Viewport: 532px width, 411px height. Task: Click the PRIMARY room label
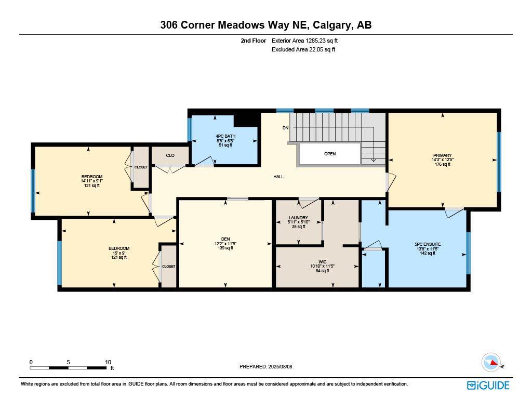442,155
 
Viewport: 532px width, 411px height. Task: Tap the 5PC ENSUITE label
427,244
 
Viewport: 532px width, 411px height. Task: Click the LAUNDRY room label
298,218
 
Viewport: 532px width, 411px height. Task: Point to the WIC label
322,262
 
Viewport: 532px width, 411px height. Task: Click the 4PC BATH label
225,136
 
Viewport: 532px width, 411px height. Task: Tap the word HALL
278,177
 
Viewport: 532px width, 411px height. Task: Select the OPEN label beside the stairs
330,154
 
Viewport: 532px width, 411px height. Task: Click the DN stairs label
285,128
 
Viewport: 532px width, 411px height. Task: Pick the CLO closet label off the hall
170,155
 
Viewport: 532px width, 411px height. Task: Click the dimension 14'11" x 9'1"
91,181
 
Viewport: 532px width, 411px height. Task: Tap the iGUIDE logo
488,385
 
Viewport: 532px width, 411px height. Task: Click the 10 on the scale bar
108,362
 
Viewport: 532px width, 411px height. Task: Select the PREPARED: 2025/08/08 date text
265,366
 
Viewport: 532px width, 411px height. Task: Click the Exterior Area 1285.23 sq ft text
305,41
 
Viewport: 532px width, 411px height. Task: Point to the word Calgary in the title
331,24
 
